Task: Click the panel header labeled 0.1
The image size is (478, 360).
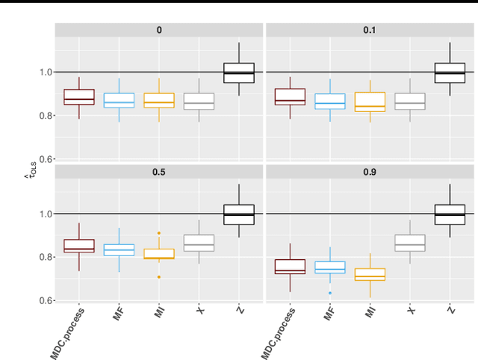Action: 370,30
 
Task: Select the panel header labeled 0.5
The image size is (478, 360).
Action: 158,172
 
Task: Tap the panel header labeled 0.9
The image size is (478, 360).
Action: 370,172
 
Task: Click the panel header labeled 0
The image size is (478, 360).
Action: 158,30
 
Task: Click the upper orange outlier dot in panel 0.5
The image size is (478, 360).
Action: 158,233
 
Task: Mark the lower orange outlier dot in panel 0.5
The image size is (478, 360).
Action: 158,277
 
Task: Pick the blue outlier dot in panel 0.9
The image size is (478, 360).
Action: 330,293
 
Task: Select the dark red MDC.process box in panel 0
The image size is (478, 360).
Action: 78,97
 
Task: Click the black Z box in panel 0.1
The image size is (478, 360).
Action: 449,73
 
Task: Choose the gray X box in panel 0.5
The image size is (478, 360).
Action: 199,243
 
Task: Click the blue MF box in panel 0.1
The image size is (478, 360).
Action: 330,101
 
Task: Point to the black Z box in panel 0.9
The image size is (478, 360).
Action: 449,214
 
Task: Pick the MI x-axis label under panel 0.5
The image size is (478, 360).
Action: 159,314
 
